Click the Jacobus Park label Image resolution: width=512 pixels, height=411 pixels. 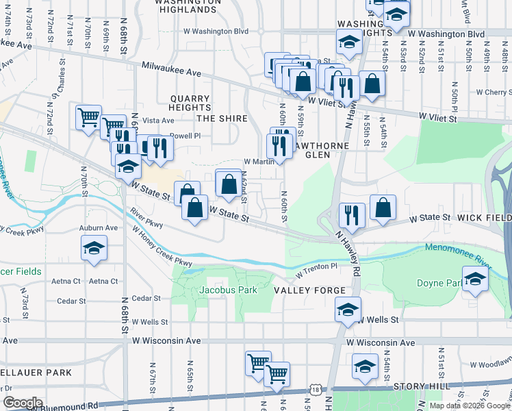tap(228, 290)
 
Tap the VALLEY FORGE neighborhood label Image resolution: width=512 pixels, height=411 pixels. tap(310, 290)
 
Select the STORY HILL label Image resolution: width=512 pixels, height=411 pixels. tap(422, 386)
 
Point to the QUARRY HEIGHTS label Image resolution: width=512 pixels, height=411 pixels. tap(190, 103)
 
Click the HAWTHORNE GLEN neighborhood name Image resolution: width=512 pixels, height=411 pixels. tap(320, 150)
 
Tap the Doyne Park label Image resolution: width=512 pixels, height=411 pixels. tap(438, 283)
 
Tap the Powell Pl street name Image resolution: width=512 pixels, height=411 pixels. tap(185, 136)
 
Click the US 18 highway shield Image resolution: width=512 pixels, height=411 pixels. tap(314, 388)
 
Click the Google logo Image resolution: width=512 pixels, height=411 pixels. tap(23, 403)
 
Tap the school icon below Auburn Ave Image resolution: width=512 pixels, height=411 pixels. tap(94, 248)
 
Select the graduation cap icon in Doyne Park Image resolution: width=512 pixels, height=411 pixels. tap(474, 279)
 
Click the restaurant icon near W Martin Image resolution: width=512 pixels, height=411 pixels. tap(279, 145)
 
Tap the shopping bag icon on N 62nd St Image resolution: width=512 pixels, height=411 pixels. tap(229, 182)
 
